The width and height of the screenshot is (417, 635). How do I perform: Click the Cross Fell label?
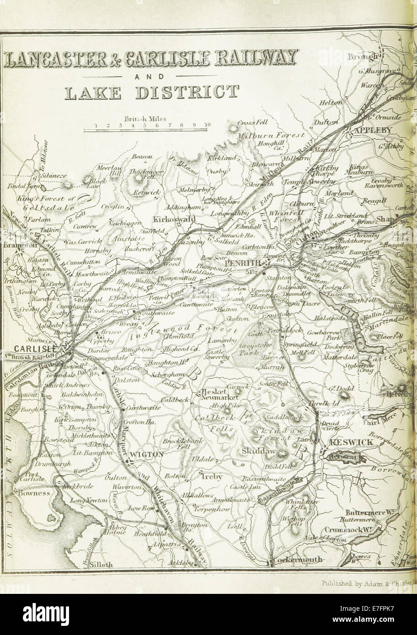pos(252,123)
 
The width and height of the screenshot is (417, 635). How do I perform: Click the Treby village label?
pos(211,476)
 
